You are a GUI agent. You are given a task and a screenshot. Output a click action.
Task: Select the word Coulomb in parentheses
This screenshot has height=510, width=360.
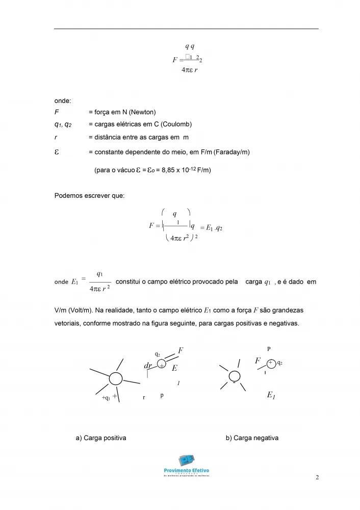(176, 124)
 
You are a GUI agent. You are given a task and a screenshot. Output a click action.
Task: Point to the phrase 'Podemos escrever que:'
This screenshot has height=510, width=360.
(86, 195)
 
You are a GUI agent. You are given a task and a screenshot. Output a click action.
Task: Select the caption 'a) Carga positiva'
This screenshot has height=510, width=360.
(101, 438)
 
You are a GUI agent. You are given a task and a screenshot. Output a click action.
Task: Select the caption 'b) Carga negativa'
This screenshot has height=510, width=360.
(252, 438)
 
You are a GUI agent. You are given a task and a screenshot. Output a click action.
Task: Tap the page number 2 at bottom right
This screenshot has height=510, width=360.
(317, 478)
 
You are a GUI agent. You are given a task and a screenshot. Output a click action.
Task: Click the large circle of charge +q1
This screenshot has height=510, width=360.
(116, 379)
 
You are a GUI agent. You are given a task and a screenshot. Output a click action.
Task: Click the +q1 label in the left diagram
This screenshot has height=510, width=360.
(106, 398)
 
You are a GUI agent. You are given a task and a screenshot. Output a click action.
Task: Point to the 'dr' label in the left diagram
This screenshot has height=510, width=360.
(149, 366)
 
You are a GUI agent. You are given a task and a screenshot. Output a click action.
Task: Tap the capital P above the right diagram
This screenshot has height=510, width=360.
(269, 349)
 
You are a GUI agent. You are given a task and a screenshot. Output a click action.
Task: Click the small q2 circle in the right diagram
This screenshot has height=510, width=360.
(271, 363)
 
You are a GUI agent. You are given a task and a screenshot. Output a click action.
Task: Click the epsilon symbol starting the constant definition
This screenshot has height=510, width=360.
(57, 151)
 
